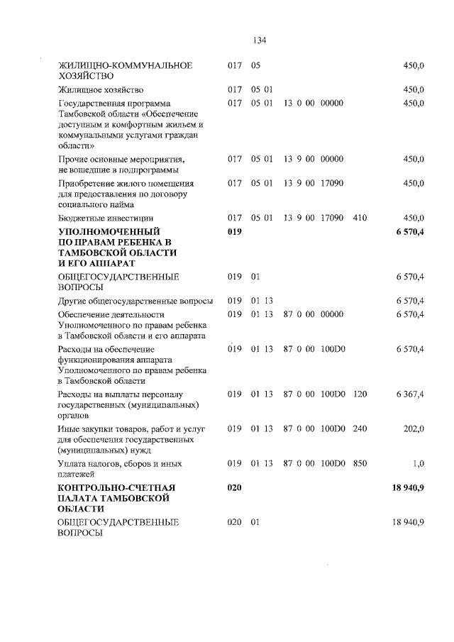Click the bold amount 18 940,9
[x=407, y=488]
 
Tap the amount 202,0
[x=414, y=428]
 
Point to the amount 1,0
[x=418, y=463]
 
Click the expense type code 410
[x=360, y=218]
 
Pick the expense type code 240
[x=360, y=428]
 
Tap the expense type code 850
[x=360, y=463]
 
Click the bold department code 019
[x=235, y=232]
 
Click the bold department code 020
[x=235, y=488]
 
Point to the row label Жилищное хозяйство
[x=101, y=90]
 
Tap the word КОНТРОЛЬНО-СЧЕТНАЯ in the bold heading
[x=117, y=488]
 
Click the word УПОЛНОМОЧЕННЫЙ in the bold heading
[x=109, y=232]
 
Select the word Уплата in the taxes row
[x=73, y=463]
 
